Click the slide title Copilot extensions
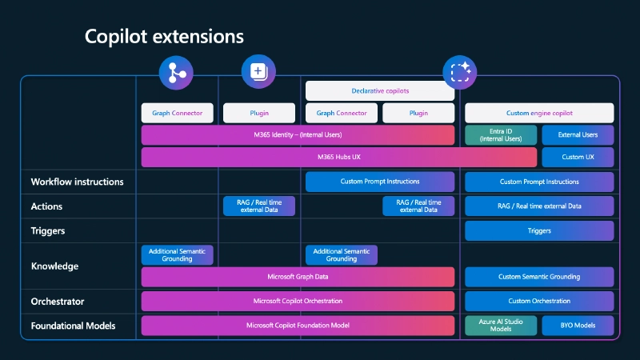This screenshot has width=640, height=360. click(x=164, y=37)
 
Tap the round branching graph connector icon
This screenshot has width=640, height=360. click(x=176, y=72)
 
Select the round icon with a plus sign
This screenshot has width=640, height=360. click(x=258, y=72)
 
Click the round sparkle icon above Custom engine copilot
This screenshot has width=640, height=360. click(x=460, y=72)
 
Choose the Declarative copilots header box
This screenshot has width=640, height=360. click(x=380, y=91)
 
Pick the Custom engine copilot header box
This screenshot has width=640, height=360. click(x=539, y=114)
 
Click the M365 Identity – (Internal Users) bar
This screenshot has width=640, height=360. click(x=298, y=134)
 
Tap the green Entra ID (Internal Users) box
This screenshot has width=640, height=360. click(x=501, y=134)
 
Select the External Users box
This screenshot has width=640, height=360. click(x=578, y=134)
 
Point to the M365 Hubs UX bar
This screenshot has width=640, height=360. click(x=338, y=157)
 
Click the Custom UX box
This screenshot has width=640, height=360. click(x=578, y=157)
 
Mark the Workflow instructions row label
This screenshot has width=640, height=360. click(x=77, y=182)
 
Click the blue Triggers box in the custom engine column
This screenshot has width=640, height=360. click(x=539, y=230)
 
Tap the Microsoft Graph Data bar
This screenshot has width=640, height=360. click(x=298, y=277)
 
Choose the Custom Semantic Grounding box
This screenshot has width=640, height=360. click(x=539, y=277)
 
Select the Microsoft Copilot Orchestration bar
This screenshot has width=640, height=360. click(x=298, y=301)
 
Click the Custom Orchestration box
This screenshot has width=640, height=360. click(x=539, y=301)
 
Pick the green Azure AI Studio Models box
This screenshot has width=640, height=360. click(x=501, y=326)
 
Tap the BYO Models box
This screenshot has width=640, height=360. click(x=578, y=326)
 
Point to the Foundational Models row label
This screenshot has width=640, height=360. click(x=73, y=326)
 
